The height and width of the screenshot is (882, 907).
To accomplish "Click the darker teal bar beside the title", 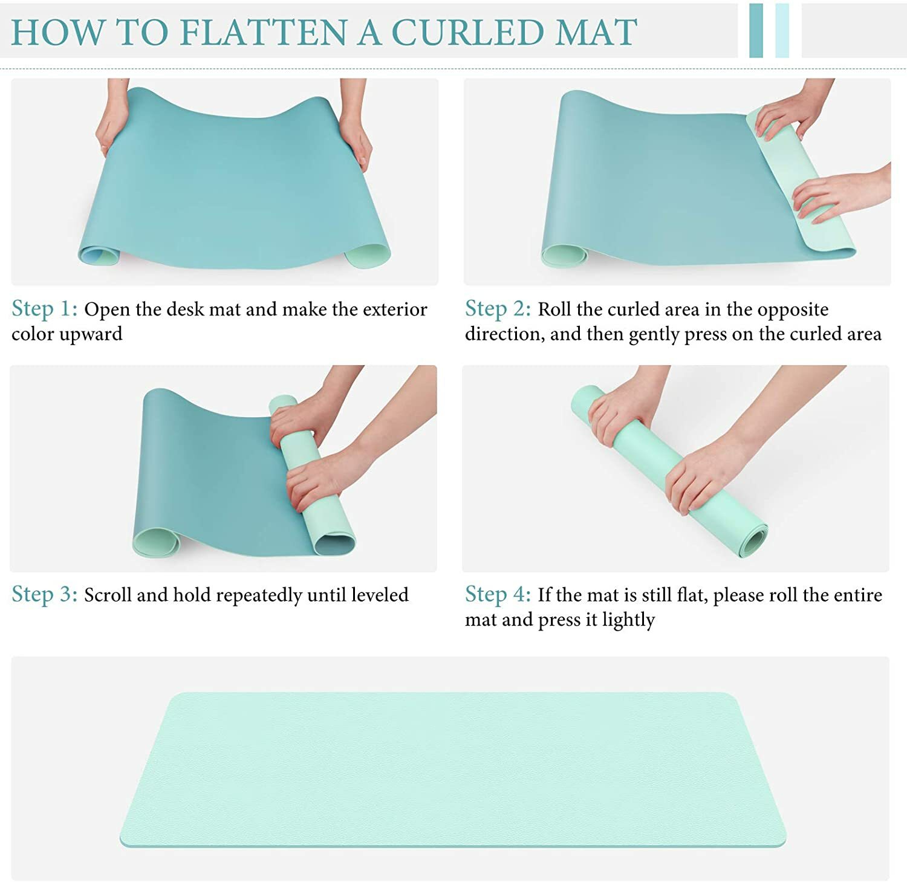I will coord(756,30).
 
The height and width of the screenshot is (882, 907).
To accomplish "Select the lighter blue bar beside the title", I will coord(782,30).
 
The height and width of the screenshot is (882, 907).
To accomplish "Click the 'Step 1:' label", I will coord(45,309).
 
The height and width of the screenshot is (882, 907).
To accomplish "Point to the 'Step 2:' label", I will coord(498,309).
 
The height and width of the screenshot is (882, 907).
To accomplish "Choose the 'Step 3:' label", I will coord(45,595).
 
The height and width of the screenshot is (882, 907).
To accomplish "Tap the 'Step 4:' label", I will coord(498,595).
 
